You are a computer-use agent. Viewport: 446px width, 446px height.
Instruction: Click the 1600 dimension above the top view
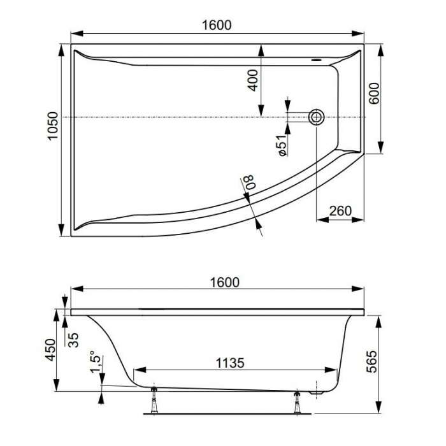click(x=217, y=25)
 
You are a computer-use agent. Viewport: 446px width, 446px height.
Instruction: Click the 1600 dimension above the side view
click(x=225, y=282)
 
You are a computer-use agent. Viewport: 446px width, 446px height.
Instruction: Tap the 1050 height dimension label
click(x=53, y=126)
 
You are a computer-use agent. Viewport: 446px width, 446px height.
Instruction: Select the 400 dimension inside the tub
click(x=252, y=80)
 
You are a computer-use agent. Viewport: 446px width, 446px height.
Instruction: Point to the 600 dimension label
click(x=374, y=93)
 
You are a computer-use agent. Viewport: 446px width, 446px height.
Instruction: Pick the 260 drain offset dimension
click(x=340, y=211)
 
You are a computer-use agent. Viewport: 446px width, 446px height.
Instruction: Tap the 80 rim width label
click(x=249, y=182)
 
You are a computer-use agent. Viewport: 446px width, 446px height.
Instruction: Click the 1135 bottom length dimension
click(x=230, y=363)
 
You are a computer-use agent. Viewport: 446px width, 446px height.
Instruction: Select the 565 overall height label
click(x=371, y=361)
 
